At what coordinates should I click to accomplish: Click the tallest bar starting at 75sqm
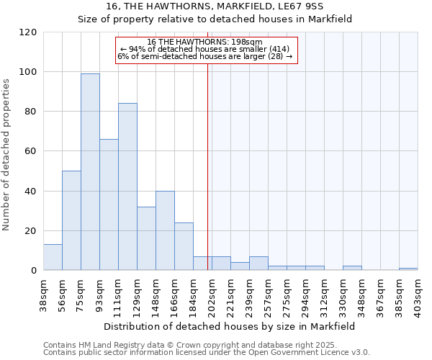click(90, 171)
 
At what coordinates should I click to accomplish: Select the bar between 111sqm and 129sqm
click(127, 186)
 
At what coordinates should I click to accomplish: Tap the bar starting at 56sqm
click(71, 220)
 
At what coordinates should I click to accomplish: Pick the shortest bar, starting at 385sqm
click(408, 269)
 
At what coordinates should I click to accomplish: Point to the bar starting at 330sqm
click(352, 268)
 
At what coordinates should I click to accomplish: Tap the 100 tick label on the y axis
click(28, 72)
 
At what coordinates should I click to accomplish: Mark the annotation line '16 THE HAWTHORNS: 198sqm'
click(206, 42)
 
